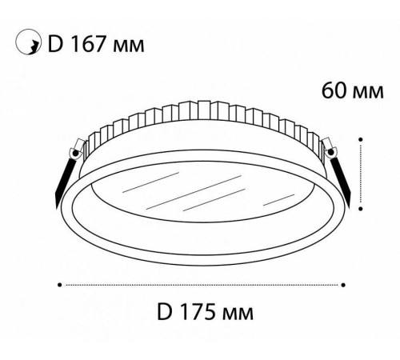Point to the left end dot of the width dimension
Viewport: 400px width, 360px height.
click(x=60, y=283)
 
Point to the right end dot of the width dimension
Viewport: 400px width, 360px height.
click(x=343, y=283)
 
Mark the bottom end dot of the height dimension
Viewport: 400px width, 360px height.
click(x=362, y=210)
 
